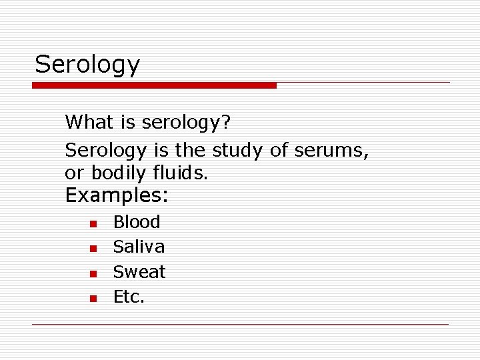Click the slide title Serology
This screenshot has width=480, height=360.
tap(87, 65)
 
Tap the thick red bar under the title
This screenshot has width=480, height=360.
tap(154, 85)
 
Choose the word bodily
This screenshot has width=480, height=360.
tap(118, 173)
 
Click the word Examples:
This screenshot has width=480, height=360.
tap(117, 196)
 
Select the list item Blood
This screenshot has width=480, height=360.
tap(137, 222)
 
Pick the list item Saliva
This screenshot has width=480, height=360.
tap(139, 247)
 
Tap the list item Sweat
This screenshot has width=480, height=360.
tap(139, 272)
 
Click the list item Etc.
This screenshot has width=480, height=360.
tap(129, 297)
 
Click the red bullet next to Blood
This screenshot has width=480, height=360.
tap(94, 223)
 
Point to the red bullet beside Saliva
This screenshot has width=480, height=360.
tap(94, 249)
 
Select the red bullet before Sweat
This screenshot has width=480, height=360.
tap(94, 273)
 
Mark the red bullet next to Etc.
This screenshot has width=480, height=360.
tap(94, 298)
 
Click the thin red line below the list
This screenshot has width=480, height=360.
tap(240, 324)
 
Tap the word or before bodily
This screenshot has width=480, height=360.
tap(75, 174)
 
